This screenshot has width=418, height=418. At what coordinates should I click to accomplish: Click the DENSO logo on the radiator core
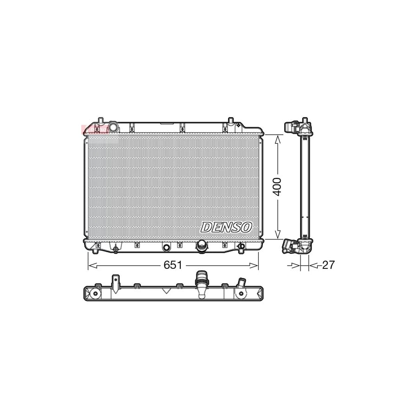(226, 227)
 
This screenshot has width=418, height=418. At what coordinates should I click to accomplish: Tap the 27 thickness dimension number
(328, 265)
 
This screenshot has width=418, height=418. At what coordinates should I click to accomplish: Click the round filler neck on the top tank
(113, 126)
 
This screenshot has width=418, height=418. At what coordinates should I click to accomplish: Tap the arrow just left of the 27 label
(295, 265)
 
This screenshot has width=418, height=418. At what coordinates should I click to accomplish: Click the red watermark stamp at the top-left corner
(95, 129)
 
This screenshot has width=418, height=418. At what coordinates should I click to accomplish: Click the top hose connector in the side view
(293, 126)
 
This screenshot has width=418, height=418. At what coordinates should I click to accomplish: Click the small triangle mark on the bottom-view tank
(165, 291)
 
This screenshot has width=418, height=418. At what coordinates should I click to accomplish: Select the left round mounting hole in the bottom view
(95, 294)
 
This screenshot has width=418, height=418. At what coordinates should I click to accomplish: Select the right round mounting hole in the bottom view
(241, 294)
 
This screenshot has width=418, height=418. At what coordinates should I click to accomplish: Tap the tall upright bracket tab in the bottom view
(115, 281)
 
